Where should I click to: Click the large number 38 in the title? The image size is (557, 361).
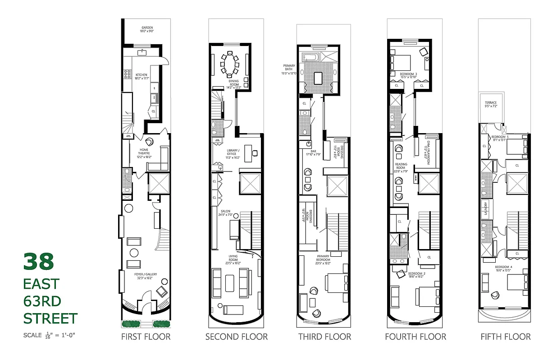point(39,262)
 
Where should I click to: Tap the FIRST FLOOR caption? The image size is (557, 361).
point(146,337)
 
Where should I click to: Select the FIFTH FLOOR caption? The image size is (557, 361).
point(506,337)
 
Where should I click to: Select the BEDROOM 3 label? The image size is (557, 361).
point(409,75)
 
